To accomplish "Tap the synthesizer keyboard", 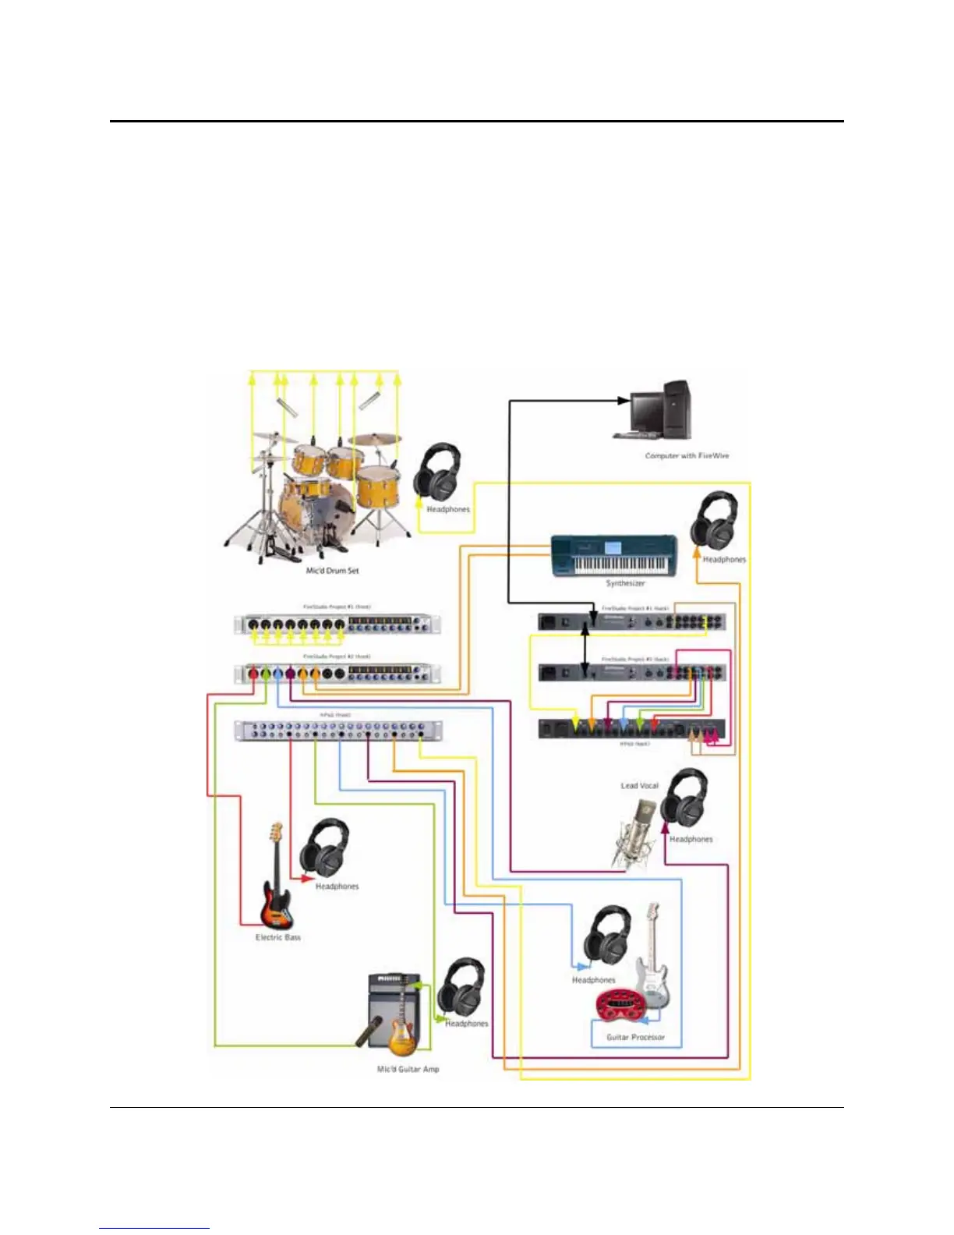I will (x=613, y=555).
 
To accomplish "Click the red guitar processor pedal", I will (x=620, y=1007).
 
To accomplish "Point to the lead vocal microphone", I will (x=637, y=826).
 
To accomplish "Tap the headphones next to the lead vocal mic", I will (x=684, y=798).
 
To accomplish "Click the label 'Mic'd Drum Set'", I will (x=332, y=571).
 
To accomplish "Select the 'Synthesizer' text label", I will (x=625, y=583).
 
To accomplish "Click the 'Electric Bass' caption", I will (x=277, y=937).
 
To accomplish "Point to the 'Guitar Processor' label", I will (x=635, y=1037).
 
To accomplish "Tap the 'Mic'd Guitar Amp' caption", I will (x=408, y=1069).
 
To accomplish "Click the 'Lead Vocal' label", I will (x=639, y=785).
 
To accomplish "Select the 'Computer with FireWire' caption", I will (x=687, y=455).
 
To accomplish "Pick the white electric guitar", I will (x=652, y=959).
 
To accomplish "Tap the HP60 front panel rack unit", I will (x=338, y=731).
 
